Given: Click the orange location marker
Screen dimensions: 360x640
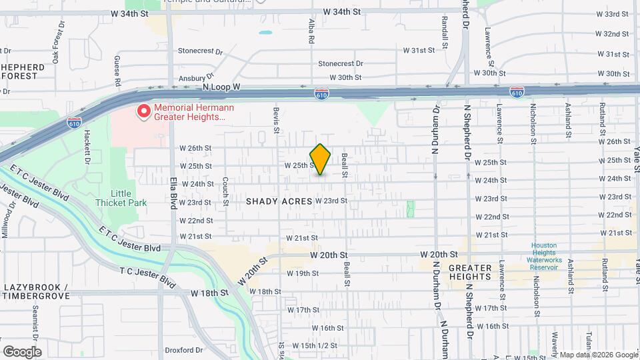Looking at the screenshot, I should point(321,159).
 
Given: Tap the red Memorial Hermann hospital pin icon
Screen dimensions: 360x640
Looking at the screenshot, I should point(143,111).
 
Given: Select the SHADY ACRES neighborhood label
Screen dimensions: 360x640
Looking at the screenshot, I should point(279,201).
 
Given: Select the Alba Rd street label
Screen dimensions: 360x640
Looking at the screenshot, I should point(311,31).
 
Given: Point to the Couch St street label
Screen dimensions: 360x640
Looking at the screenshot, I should point(226,187).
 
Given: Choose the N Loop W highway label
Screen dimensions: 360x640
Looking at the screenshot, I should point(222,87).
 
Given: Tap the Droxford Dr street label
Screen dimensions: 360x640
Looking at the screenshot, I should point(183,349).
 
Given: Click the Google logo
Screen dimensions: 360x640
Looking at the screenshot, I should point(22,351).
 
